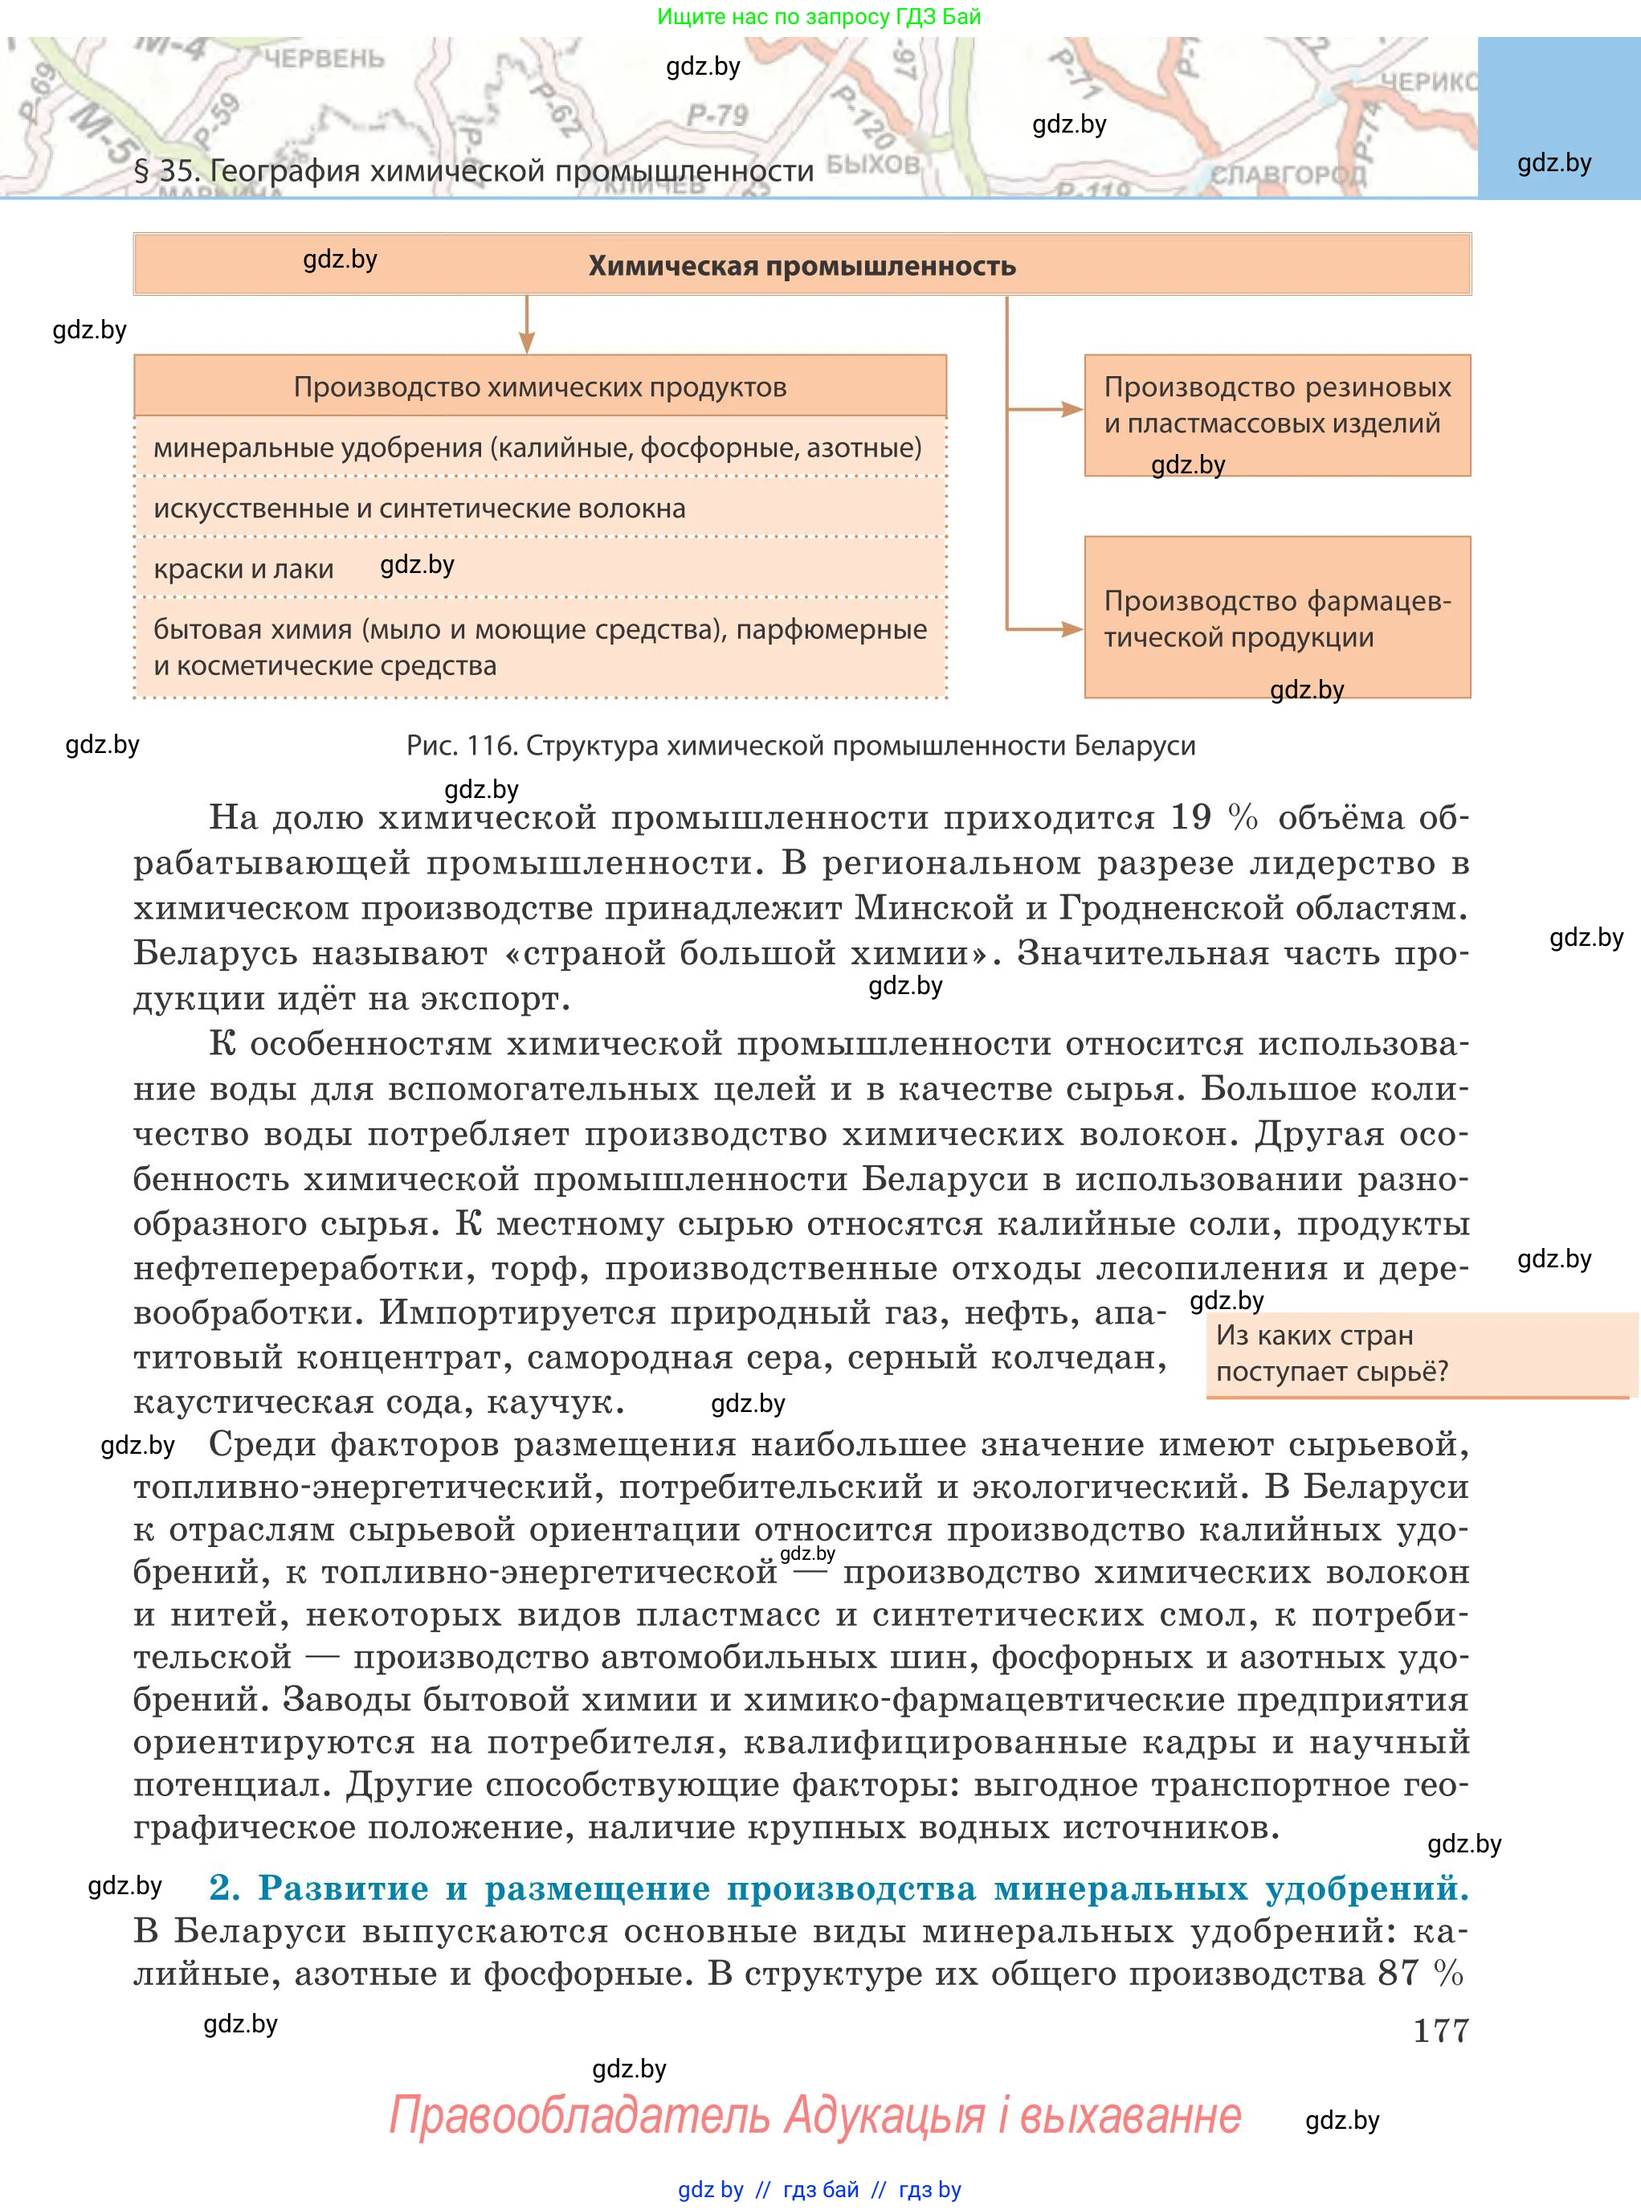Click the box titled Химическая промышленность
[802, 265]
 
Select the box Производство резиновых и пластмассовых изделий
[1276, 415]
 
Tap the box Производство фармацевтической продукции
[1276, 617]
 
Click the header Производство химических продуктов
[540, 387]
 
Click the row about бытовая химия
[540, 647]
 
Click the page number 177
[1439, 2030]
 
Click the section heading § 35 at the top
[474, 171]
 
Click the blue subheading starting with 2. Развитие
[838, 1887]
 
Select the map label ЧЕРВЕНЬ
[323, 58]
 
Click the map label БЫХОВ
[872, 163]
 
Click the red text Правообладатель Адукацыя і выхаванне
[814, 2114]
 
